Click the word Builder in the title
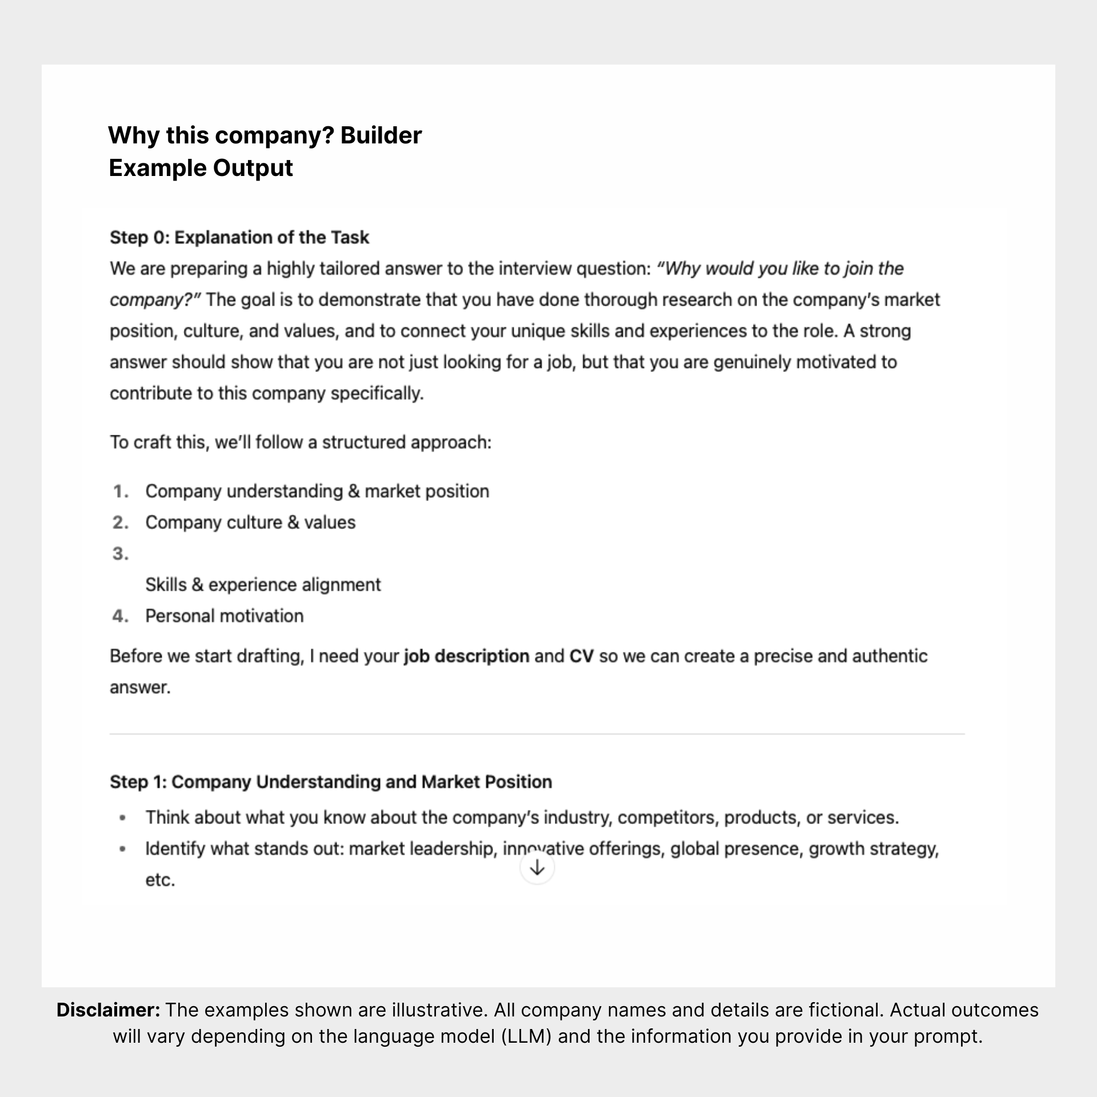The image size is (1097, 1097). pos(381,135)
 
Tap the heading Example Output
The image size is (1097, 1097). pos(201,168)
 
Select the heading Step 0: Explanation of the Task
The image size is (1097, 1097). pos(239,237)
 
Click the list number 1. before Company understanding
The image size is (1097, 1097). pos(121,491)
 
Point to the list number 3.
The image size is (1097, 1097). pos(120,554)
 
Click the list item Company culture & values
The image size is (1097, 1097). pos(250,522)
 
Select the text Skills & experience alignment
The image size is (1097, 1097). pos(263,584)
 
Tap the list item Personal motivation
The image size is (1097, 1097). pos(224,616)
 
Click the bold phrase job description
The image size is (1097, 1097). pos(466,656)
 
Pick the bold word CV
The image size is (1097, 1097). pos(581,656)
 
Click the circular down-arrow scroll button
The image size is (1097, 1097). pos(537,868)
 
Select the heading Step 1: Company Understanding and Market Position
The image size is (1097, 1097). pos(331,782)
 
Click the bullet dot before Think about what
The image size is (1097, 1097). pos(122,818)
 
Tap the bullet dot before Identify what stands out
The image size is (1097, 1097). pos(122,849)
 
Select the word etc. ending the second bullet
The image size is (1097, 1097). pos(160,880)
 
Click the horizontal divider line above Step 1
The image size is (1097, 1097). pos(537,734)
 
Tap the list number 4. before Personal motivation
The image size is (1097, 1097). pos(120,616)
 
